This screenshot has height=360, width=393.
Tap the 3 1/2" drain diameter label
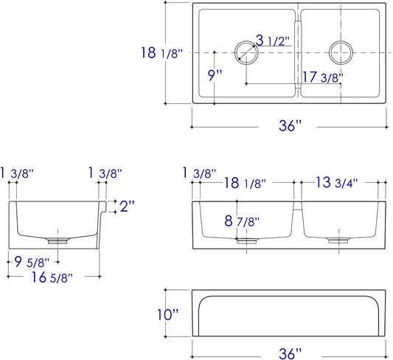point(273,40)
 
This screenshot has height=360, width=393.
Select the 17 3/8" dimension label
point(323,77)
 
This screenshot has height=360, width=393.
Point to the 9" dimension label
point(215,75)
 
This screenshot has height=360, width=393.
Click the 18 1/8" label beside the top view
point(162,52)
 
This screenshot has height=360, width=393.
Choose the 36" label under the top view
point(291,125)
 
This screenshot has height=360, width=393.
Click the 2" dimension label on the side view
point(127,206)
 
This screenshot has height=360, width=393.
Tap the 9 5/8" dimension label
point(32,262)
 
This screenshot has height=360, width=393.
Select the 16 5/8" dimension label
point(52,277)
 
